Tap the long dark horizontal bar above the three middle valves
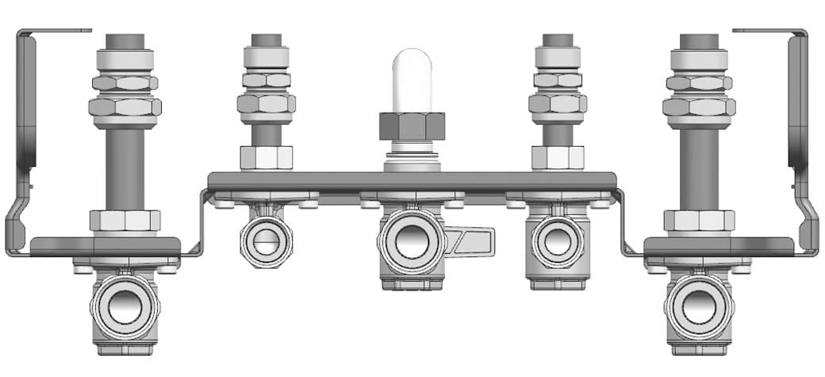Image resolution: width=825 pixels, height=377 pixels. pos(412,181)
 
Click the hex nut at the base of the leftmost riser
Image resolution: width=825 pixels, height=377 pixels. pos(125,221)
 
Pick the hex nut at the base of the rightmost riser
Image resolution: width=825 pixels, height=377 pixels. pos(698,221)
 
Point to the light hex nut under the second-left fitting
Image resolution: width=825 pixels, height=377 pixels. pos(266,157)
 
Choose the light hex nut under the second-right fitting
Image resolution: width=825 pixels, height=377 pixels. pos(558,157)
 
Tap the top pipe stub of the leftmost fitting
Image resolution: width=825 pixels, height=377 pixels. pos(125,40)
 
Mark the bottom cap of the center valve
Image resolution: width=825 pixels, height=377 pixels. pos(412,283)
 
